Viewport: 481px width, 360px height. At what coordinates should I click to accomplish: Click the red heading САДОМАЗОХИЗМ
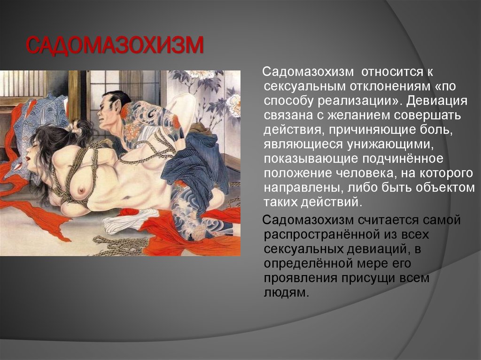click(x=115, y=46)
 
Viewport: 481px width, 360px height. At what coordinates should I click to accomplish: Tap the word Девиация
click(x=437, y=101)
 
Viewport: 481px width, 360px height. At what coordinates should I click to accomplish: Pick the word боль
click(x=438, y=130)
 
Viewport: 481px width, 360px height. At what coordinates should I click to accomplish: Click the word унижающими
click(x=390, y=145)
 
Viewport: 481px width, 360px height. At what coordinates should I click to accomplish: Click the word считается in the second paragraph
click(x=388, y=220)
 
